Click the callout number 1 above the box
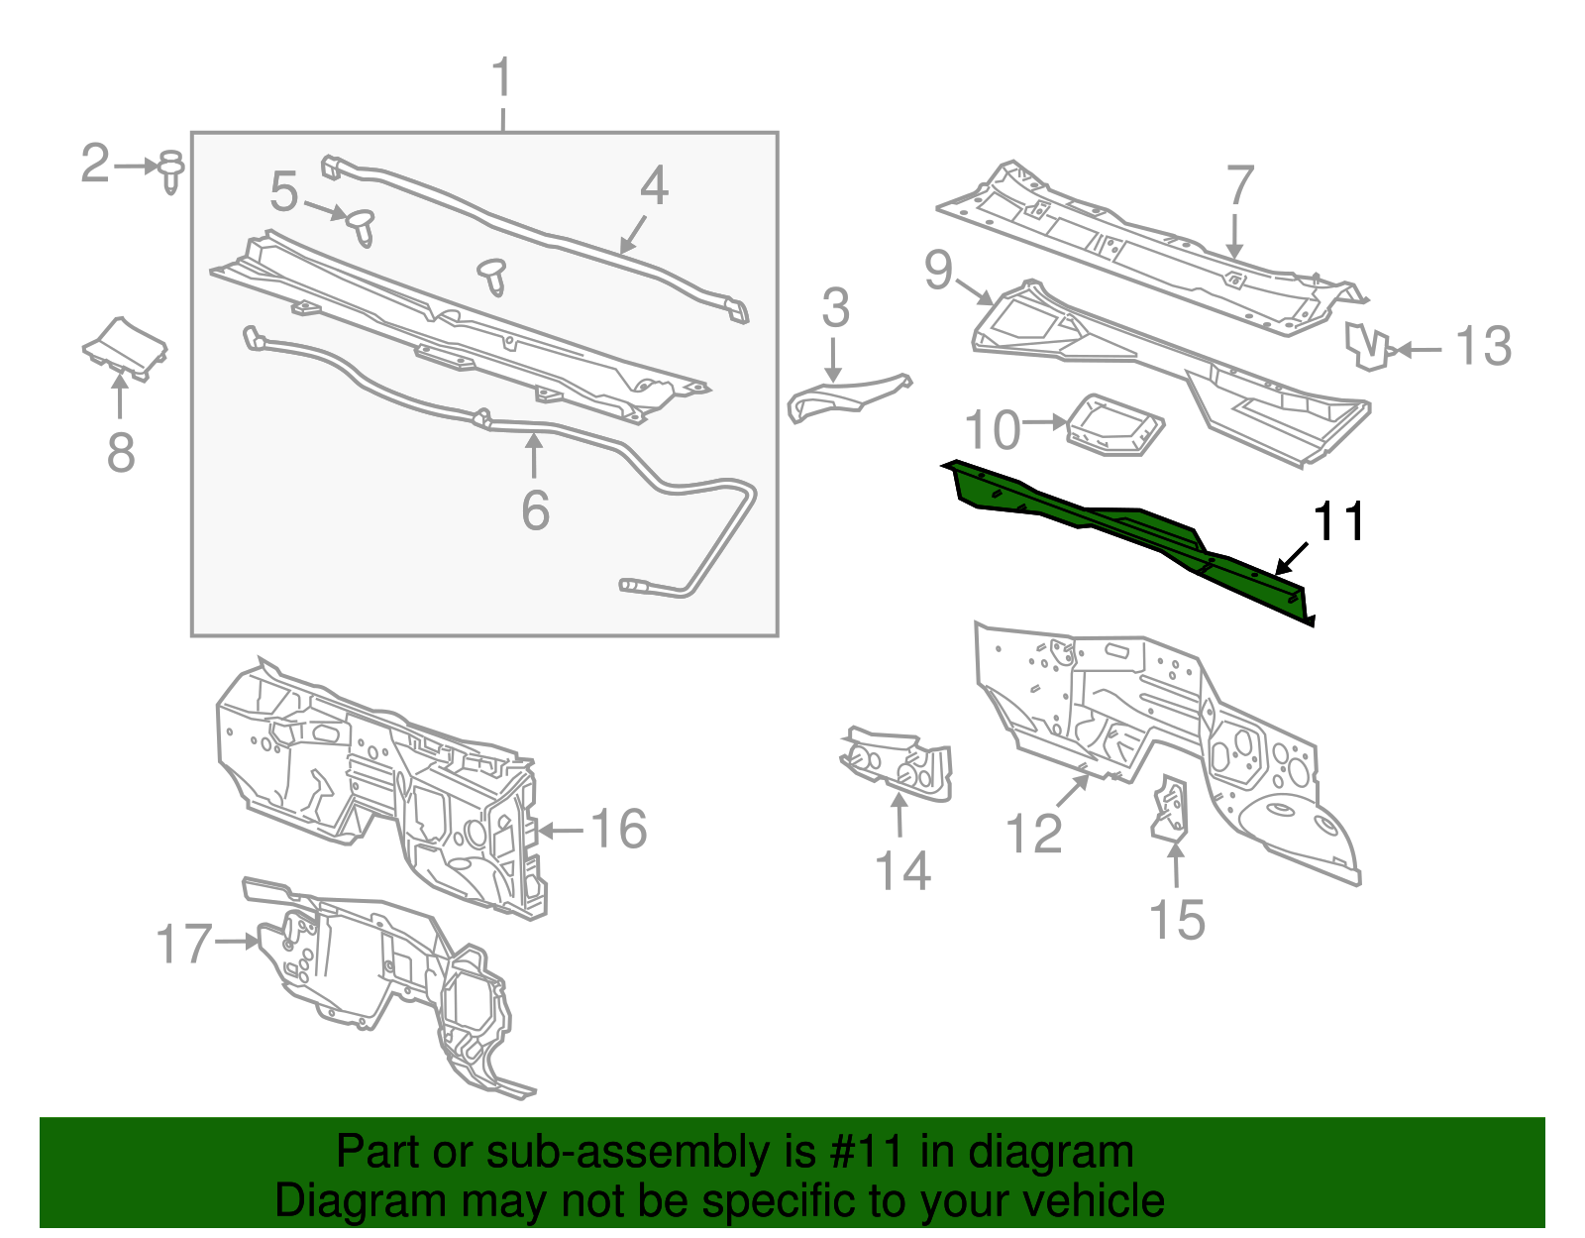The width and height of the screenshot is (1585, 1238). coord(502,78)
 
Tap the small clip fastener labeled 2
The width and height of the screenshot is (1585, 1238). coord(170,170)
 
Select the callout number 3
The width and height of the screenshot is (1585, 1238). coord(835,309)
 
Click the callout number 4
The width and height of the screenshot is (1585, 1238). coord(654,186)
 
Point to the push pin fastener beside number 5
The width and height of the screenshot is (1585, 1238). coord(362,227)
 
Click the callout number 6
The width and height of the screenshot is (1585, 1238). coord(535,509)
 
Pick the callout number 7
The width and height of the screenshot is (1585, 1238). coord(1239,185)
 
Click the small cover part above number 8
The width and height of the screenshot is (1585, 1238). coord(125,347)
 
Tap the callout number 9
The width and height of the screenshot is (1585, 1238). coord(937,270)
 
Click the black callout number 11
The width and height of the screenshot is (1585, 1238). coord(1338,521)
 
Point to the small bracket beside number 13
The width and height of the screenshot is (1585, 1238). coord(1367,346)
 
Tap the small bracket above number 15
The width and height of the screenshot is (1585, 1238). coord(1171,809)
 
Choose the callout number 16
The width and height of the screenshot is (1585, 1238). coord(619,830)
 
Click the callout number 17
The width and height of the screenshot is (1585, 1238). coord(184,944)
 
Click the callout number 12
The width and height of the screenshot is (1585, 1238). coord(1033,834)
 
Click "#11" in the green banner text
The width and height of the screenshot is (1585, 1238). coord(860,1153)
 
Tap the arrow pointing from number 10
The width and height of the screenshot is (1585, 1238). coord(1044,422)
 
